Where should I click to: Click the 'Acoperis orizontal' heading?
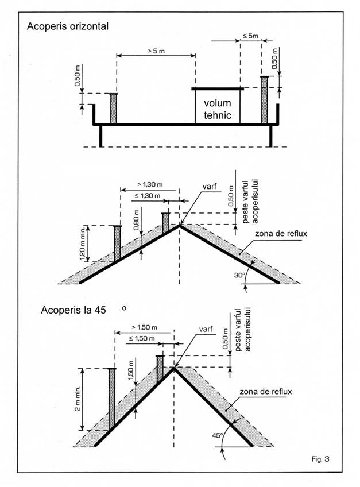point(68,26)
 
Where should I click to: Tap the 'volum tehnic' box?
point(218,107)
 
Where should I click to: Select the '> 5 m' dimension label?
point(156,51)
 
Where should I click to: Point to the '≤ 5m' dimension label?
point(250,36)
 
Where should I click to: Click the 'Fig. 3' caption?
point(320,459)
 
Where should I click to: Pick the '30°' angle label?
point(239,275)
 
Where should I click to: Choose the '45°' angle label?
point(218,436)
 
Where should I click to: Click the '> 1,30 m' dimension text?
point(150,184)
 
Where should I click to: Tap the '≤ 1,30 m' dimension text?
point(148,196)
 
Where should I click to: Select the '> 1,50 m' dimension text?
point(145,327)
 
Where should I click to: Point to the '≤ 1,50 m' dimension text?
point(142,338)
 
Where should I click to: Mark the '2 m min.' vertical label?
point(78,399)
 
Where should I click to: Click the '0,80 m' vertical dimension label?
point(136,219)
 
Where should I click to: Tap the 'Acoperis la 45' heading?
point(73,310)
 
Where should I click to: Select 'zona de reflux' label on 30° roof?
point(281,233)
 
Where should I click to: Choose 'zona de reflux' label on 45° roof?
point(266,391)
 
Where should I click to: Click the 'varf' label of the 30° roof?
point(210,187)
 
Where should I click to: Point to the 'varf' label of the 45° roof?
point(206,329)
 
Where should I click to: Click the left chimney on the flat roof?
point(113,109)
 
